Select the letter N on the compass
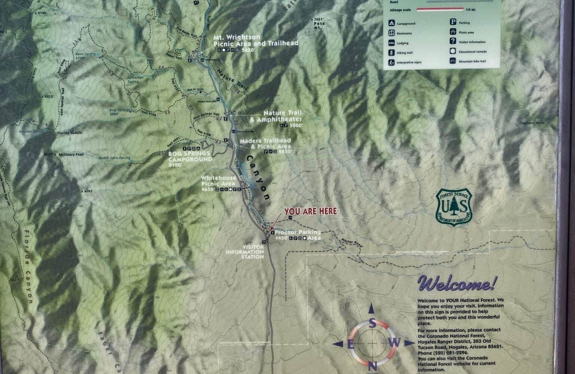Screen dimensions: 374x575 372,365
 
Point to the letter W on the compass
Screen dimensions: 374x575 397,342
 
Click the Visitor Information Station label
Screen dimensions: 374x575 245,252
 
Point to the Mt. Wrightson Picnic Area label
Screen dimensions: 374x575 256,40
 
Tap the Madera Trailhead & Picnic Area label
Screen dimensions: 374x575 265,144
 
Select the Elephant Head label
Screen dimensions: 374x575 532,123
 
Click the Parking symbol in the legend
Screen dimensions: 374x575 453,22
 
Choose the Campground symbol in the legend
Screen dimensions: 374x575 391,23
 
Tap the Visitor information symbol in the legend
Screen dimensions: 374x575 453,42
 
